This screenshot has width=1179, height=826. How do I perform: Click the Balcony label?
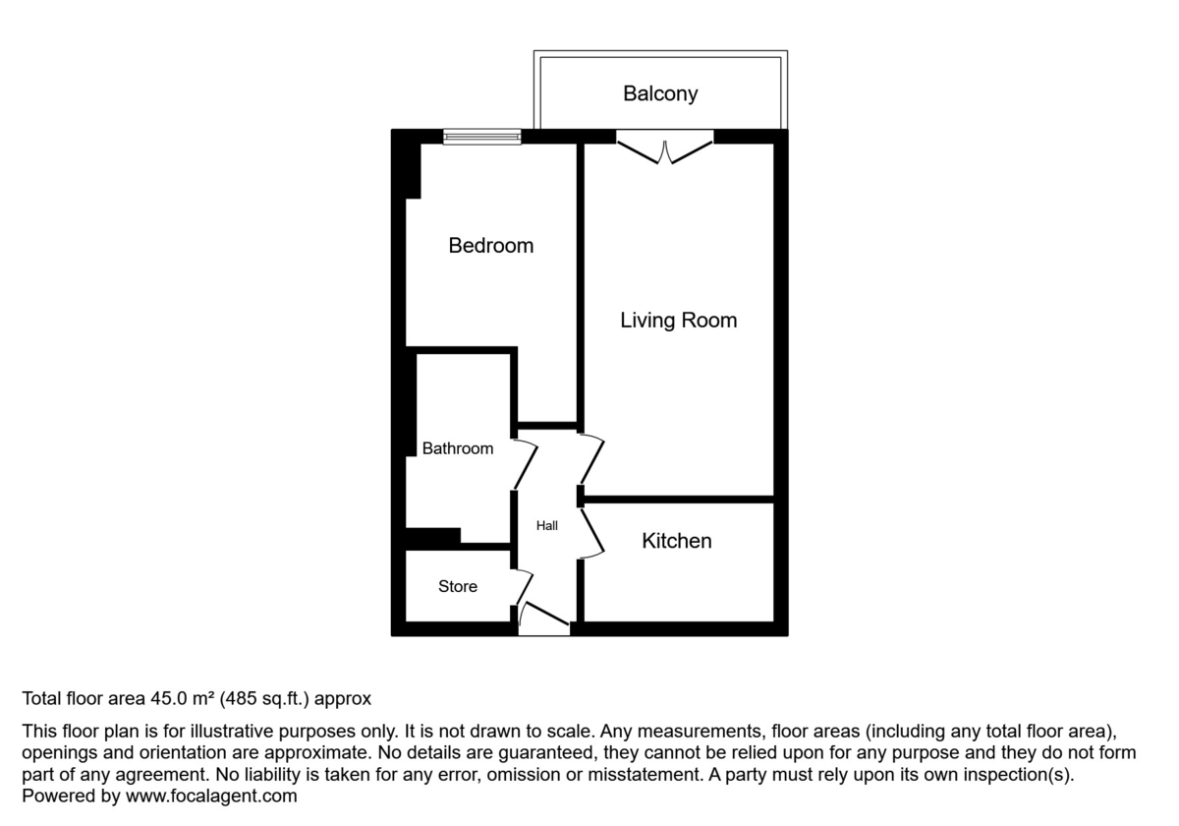660,93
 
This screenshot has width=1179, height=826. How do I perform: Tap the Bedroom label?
490,246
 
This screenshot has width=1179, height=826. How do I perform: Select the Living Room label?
678,321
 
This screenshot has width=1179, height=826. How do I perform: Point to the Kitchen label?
676,541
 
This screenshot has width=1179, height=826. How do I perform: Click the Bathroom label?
458,448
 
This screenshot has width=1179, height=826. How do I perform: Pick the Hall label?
547,526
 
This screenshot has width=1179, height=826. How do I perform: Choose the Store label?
458,587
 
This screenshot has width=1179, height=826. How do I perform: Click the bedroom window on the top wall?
481,137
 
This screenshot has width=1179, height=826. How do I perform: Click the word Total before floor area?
42,699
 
